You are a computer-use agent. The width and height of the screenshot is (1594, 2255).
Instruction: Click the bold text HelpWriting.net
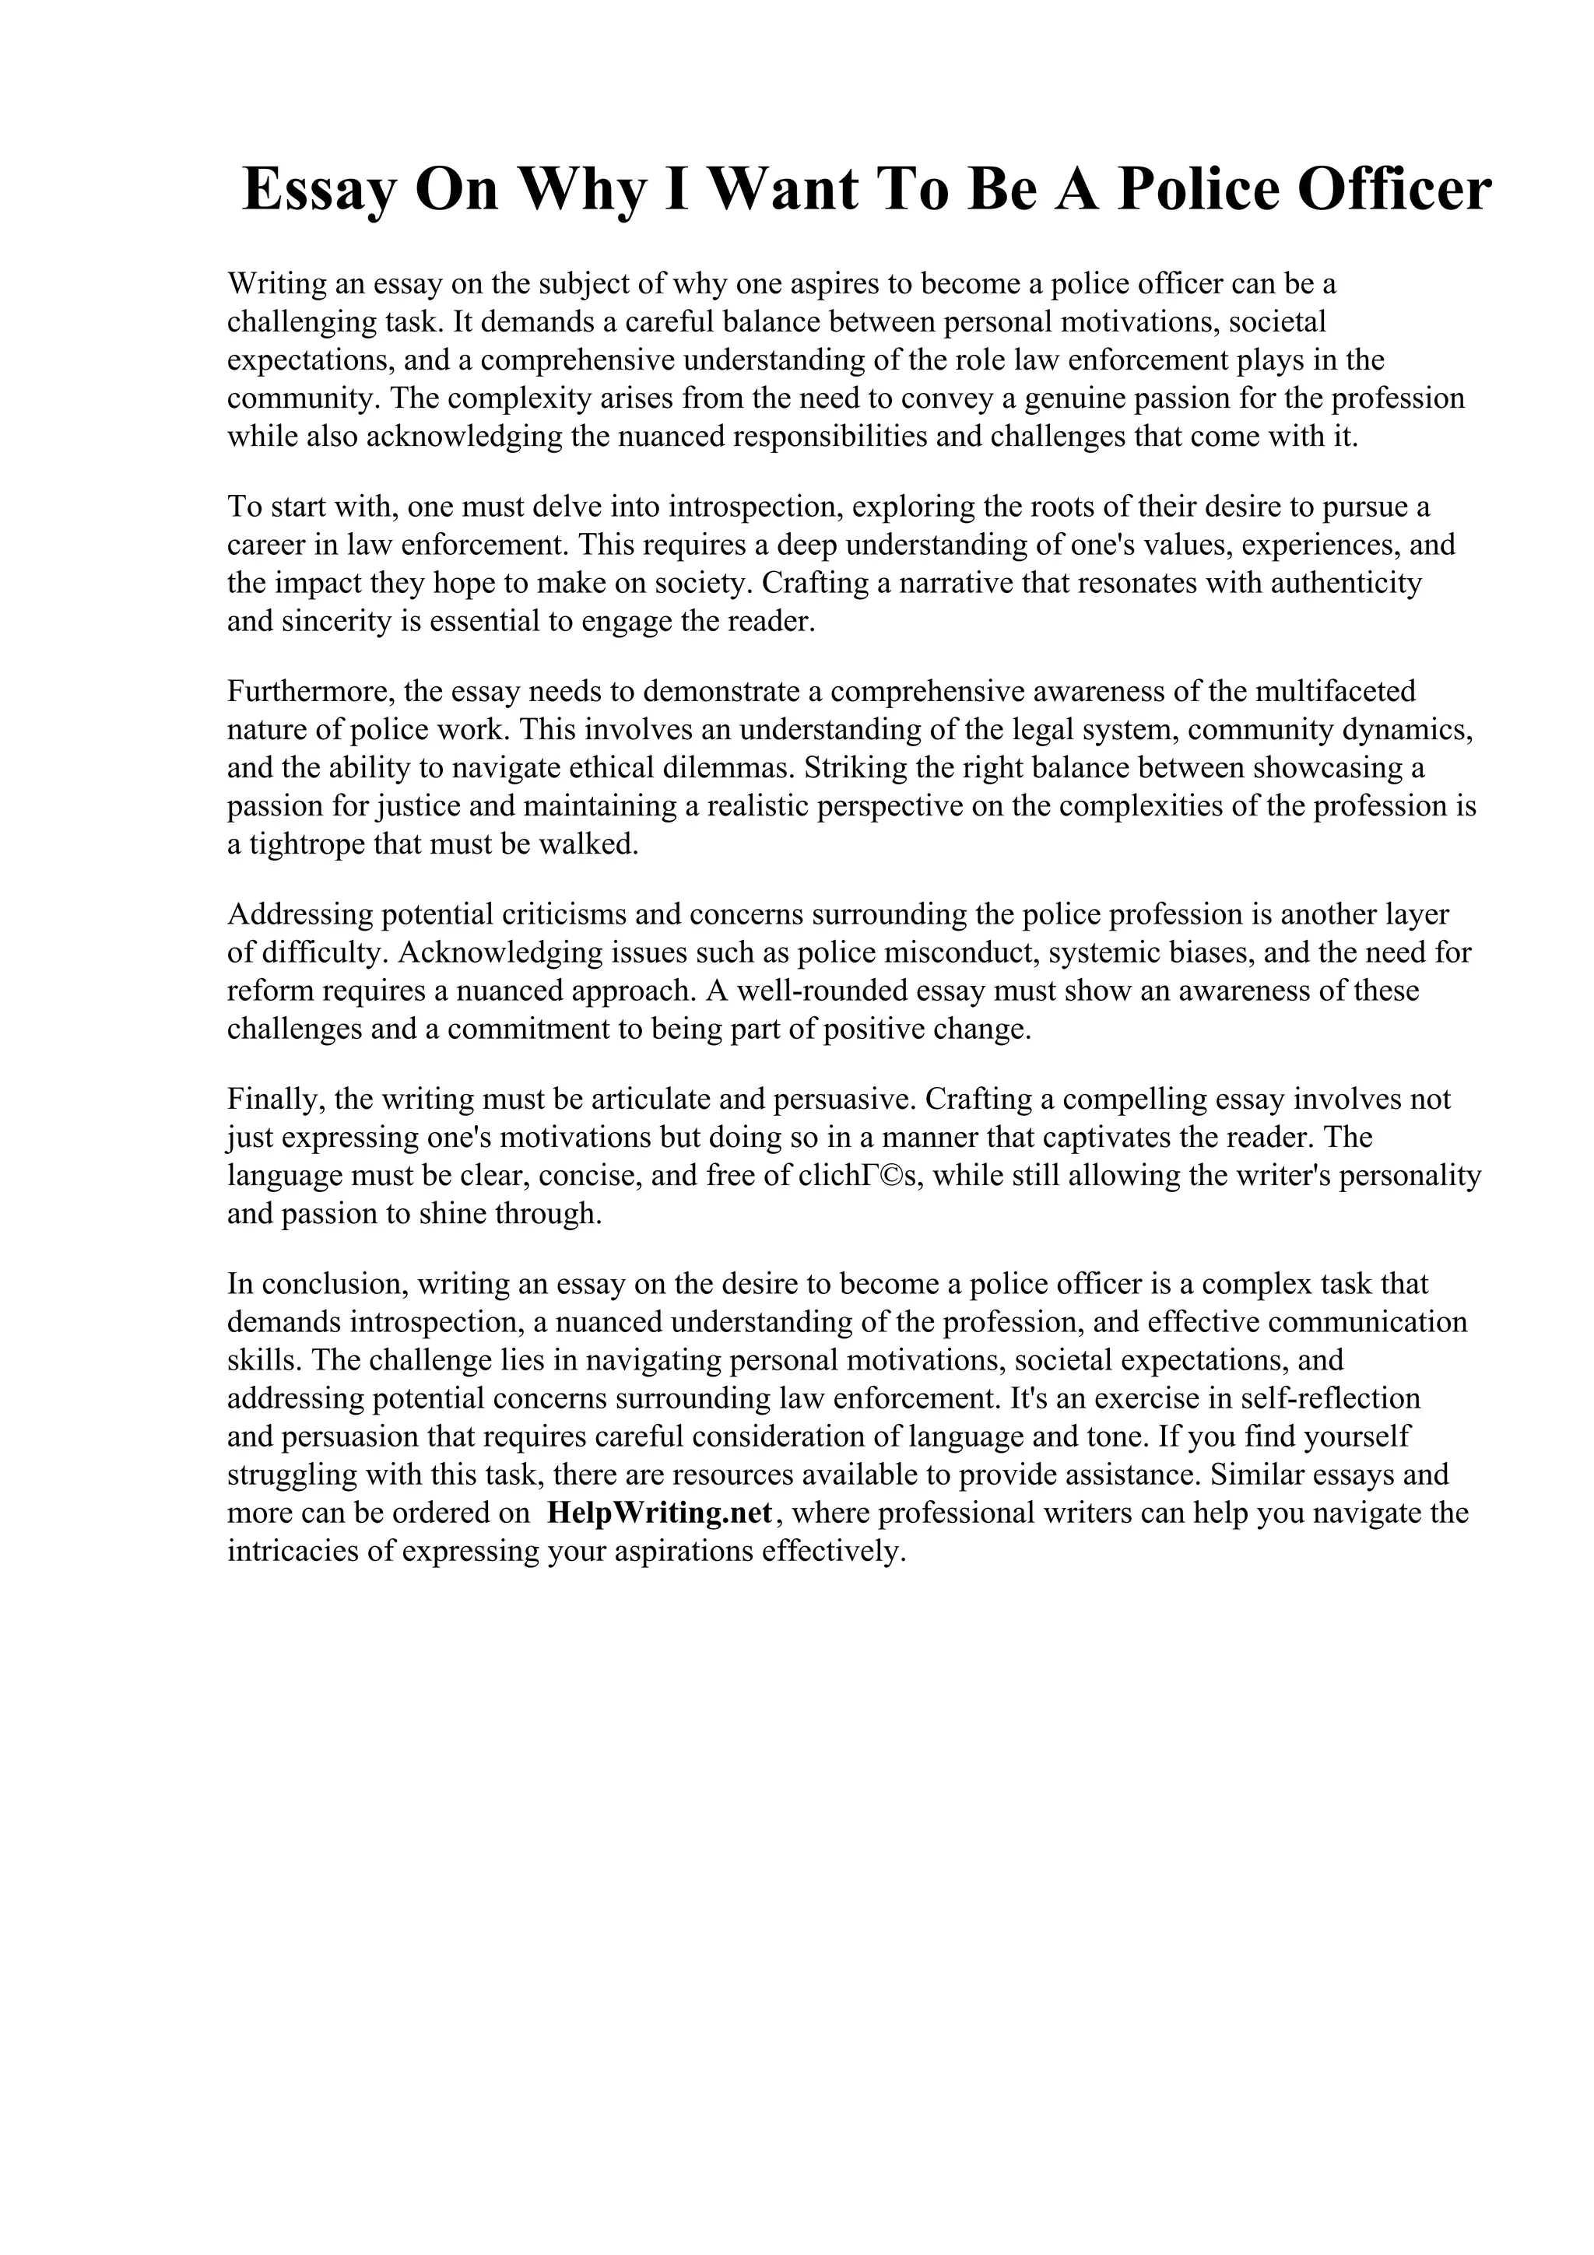coord(660,1513)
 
